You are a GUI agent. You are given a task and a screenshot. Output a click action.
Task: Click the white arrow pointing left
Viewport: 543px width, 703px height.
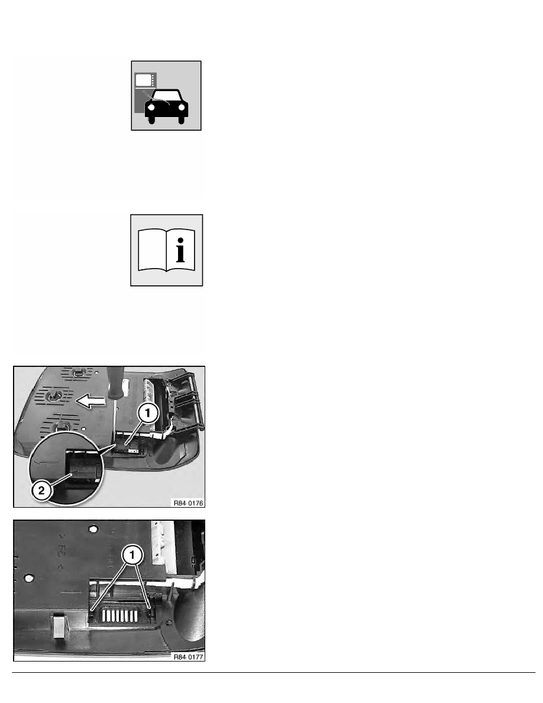click(x=90, y=401)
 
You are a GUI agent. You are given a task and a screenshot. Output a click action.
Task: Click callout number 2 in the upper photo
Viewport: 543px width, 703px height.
click(x=41, y=490)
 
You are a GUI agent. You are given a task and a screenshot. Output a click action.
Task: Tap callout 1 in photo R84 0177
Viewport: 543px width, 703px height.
click(x=132, y=555)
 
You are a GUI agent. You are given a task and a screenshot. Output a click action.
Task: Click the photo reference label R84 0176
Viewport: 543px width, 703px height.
click(x=188, y=503)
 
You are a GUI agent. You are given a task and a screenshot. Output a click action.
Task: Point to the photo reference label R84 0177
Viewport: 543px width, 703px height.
click(x=188, y=657)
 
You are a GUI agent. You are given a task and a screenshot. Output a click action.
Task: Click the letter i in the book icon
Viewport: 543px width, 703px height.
click(x=180, y=250)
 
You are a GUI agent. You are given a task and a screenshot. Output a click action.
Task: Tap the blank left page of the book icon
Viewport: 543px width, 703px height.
click(x=153, y=250)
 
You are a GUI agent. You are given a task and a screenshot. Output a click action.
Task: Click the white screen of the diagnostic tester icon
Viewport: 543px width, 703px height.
click(x=143, y=80)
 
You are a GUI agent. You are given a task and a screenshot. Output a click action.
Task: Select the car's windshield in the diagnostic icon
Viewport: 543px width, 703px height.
click(x=166, y=96)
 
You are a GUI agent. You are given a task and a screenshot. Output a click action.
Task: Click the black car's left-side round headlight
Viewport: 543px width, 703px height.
click(x=151, y=108)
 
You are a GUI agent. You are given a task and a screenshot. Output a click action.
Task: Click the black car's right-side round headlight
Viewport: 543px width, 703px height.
click(x=182, y=108)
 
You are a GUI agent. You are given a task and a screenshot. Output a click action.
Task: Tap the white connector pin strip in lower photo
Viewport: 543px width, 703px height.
click(x=119, y=615)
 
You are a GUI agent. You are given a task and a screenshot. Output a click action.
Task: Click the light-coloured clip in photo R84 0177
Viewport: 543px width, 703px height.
click(x=59, y=625)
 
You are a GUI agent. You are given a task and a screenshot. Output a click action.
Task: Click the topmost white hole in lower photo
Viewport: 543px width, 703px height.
click(x=93, y=530)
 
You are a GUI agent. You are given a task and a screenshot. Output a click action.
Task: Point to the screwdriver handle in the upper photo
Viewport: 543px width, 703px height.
click(x=115, y=382)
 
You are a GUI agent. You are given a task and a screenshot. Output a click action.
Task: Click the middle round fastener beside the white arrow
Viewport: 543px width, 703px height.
click(x=54, y=396)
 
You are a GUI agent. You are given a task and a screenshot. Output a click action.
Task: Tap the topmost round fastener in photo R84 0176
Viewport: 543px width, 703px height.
click(x=79, y=372)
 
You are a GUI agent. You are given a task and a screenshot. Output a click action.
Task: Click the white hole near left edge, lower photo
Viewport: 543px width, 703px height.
click(x=29, y=578)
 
